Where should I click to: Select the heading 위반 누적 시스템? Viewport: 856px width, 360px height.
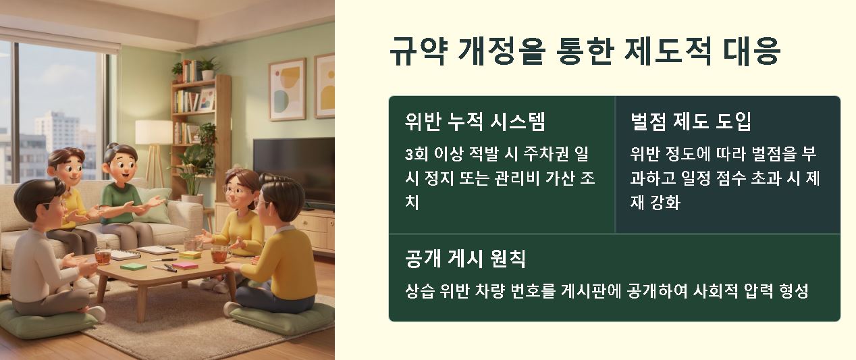click(475, 122)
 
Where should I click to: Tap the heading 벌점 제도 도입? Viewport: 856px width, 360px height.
click(691, 122)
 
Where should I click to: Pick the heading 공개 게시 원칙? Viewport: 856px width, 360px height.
click(465, 258)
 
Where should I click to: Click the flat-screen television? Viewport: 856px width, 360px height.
click(294, 170)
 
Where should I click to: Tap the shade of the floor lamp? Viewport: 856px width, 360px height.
click(153, 132)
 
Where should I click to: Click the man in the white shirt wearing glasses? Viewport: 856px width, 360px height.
click(42, 250)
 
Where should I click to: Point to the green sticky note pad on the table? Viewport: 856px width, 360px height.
click(133, 266)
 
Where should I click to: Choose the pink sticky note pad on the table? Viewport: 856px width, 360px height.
click(185, 265)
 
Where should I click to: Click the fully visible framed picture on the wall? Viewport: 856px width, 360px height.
click(286, 88)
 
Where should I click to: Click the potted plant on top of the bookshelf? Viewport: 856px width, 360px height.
click(207, 68)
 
